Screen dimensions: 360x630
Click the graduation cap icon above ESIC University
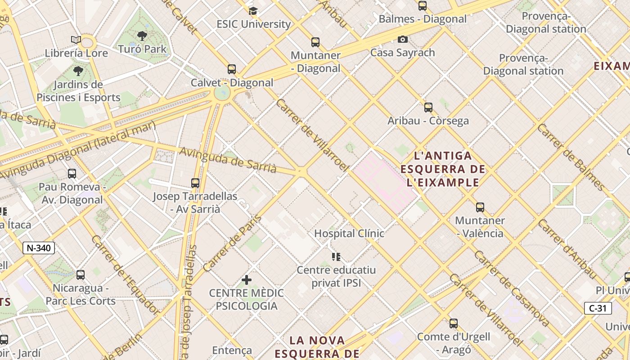[x=253, y=11]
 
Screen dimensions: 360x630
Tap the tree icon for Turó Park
[x=142, y=36]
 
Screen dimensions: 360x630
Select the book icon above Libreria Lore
[x=76, y=40]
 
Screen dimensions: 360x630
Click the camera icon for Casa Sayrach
[x=403, y=40]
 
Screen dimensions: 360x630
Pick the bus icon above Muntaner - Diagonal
[x=315, y=42]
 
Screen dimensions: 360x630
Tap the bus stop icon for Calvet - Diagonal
[x=232, y=69]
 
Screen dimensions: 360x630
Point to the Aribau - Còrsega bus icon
[x=428, y=108]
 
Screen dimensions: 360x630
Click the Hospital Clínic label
[x=349, y=234]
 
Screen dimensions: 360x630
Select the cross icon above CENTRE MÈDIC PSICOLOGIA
[x=246, y=280]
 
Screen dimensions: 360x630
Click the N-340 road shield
[x=39, y=248]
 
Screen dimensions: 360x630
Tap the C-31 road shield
[x=598, y=308]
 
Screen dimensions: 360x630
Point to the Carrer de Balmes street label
[x=571, y=156]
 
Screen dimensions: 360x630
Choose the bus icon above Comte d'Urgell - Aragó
[x=454, y=324]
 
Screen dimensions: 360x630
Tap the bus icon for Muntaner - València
[x=480, y=207]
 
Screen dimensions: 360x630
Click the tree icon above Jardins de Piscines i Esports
[x=78, y=71]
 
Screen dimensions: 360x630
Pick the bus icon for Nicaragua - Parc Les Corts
[x=81, y=274]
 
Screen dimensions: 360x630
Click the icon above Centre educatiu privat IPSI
[x=336, y=257]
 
